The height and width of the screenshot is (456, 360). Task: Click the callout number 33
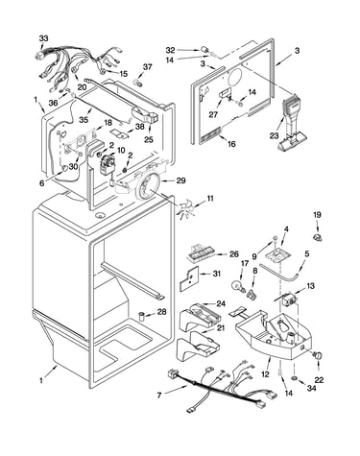coord(43,38)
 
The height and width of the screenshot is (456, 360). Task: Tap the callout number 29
coord(180,180)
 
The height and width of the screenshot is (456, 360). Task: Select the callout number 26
coord(234,254)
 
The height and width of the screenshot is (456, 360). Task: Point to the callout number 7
coord(159,396)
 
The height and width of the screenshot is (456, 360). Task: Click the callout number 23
coord(275,135)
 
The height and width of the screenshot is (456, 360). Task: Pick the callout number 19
coord(317,215)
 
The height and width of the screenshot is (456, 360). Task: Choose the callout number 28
coord(162,311)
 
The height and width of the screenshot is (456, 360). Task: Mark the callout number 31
coord(217,274)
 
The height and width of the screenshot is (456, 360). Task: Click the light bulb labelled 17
coord(238,286)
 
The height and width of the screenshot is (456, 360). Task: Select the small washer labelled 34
coord(294,378)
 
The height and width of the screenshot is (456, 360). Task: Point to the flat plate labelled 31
coord(189,277)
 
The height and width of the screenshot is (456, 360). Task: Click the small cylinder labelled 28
coord(141,317)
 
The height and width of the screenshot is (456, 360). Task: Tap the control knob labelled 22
coord(318,355)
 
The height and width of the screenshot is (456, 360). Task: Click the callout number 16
coord(231,144)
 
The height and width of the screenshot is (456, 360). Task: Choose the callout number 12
coord(265,374)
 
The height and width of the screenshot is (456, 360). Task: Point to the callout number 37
coord(147,67)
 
